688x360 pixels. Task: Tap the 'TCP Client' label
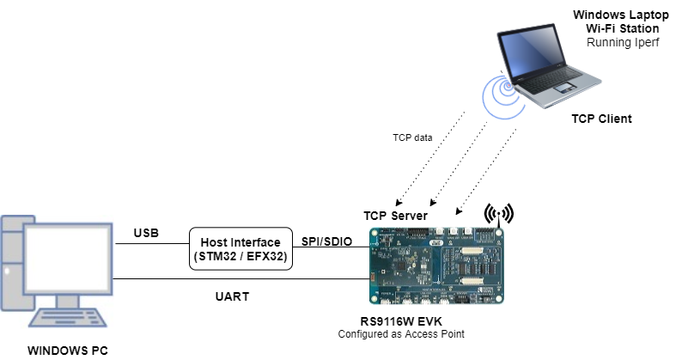click(x=601, y=119)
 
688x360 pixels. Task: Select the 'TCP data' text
click(x=412, y=137)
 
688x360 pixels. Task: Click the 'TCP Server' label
click(x=396, y=215)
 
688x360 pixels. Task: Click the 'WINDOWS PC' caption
click(x=67, y=351)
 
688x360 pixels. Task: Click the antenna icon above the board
click(x=499, y=213)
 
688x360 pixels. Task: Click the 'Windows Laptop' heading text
click(x=616, y=15)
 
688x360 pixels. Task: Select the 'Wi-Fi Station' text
click(x=616, y=28)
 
